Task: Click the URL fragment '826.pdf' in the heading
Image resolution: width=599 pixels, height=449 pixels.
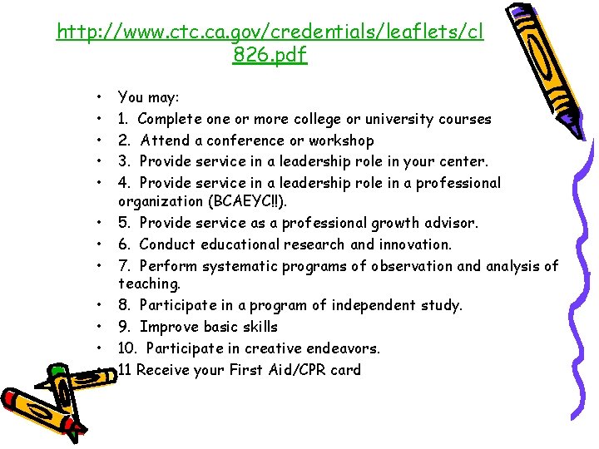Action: pos(270,56)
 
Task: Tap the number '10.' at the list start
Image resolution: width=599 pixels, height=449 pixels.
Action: pos(128,348)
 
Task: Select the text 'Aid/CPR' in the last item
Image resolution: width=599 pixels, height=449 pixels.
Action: pos(304,370)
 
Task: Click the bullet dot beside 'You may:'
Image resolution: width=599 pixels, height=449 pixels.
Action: pos(99,97)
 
